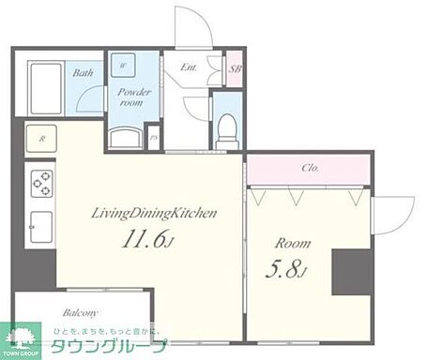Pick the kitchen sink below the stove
point(41,224)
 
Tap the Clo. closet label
point(311,169)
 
